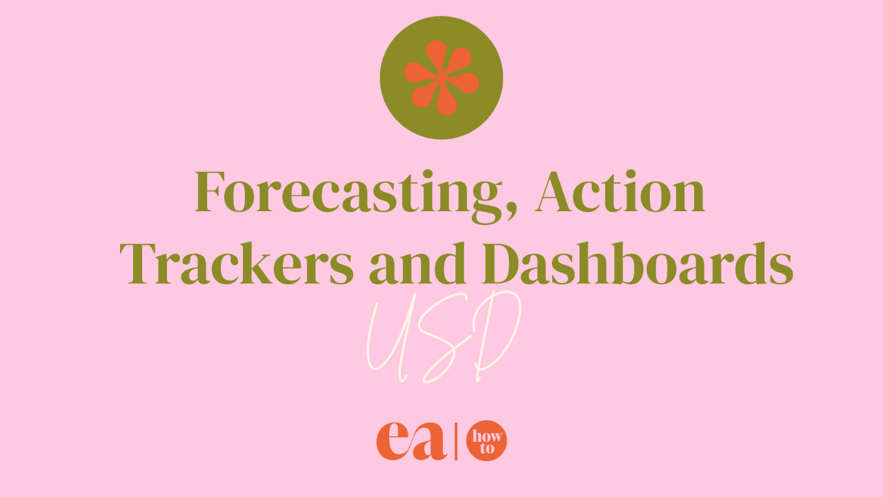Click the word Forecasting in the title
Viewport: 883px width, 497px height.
coord(348,195)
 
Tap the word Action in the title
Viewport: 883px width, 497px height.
coord(619,192)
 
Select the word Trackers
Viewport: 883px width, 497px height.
coord(237,263)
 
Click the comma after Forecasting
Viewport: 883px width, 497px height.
coord(512,211)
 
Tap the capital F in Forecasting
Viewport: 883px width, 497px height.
coord(210,192)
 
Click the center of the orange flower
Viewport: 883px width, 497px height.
coord(441,77)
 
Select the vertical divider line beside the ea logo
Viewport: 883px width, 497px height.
coord(456,441)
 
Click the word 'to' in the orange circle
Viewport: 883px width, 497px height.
coord(487,448)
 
